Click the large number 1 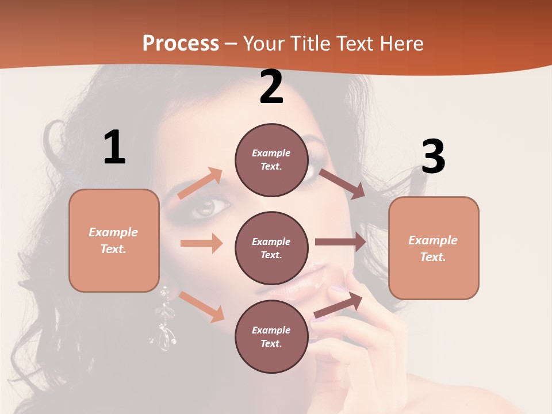[x=114, y=148]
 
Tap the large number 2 [x=271, y=87]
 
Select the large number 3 [x=433, y=157]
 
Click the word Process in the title [x=181, y=43]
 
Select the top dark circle [x=271, y=160]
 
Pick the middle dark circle [x=271, y=248]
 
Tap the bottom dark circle [x=271, y=336]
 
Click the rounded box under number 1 [x=114, y=240]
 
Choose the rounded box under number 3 [x=433, y=248]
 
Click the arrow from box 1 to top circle [x=200, y=183]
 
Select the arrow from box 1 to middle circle [x=201, y=243]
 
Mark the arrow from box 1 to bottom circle [x=201, y=306]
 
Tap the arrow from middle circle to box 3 [x=340, y=241]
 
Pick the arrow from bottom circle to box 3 [x=338, y=305]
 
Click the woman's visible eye [x=204, y=207]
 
